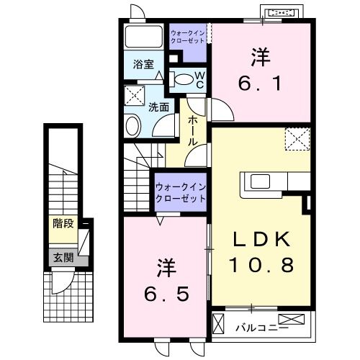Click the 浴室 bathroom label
click(x=143, y=64)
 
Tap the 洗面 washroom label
click(x=159, y=107)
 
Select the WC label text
click(x=200, y=79)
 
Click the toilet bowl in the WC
click(x=184, y=79)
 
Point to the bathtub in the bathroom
click(x=144, y=37)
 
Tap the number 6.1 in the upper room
click(x=260, y=84)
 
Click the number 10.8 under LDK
click(x=261, y=265)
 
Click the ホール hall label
click(x=193, y=130)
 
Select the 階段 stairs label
click(x=63, y=224)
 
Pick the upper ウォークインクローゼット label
click(x=187, y=37)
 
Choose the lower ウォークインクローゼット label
click(x=181, y=192)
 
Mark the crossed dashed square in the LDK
click(x=296, y=138)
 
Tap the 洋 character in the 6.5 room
click(x=166, y=268)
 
